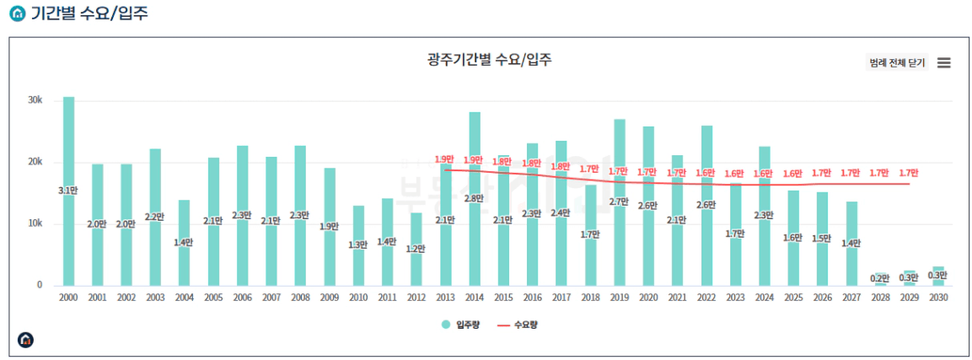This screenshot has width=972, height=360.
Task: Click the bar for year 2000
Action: pyautogui.click(x=68, y=191)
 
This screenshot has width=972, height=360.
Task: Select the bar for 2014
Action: pyautogui.click(x=475, y=199)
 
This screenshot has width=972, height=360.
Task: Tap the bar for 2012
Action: pyautogui.click(x=416, y=249)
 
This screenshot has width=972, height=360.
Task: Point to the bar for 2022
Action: pyautogui.click(x=706, y=206)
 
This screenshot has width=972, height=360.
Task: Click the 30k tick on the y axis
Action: pyautogui.click(x=35, y=100)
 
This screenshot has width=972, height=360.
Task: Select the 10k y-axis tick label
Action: pyautogui.click(x=35, y=223)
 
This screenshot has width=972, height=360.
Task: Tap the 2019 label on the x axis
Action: pyautogui.click(x=620, y=298)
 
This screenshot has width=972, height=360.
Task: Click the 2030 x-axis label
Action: pyautogui.click(x=938, y=298)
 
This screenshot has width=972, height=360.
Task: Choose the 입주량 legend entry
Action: pyautogui.click(x=460, y=324)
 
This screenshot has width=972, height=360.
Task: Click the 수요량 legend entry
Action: pyautogui.click(x=517, y=324)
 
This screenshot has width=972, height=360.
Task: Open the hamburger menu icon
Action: pyautogui.click(x=943, y=62)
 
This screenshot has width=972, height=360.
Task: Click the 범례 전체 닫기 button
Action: pyautogui.click(x=896, y=62)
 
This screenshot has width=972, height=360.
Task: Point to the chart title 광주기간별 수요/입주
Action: pyautogui.click(x=490, y=60)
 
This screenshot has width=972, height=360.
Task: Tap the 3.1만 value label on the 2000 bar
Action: pyautogui.click(x=68, y=190)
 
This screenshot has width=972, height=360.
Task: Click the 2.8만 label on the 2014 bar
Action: pyautogui.click(x=475, y=198)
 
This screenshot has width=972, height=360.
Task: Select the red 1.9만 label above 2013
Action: pyautogui.click(x=445, y=159)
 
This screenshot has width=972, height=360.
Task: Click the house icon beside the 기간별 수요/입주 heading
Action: pyautogui.click(x=18, y=13)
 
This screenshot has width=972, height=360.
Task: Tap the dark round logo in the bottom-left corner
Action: pyautogui.click(x=25, y=340)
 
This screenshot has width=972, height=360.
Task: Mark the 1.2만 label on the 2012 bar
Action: pyautogui.click(x=416, y=249)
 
